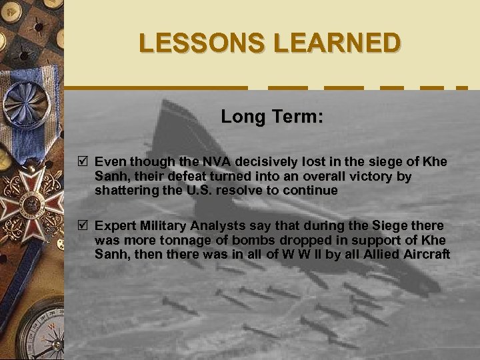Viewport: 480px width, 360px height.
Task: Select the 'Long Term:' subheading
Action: (x=272, y=118)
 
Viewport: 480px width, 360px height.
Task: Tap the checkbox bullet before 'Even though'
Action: (x=83, y=163)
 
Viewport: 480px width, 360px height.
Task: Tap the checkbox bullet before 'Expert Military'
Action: (x=83, y=227)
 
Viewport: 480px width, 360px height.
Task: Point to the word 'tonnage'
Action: (x=179, y=241)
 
